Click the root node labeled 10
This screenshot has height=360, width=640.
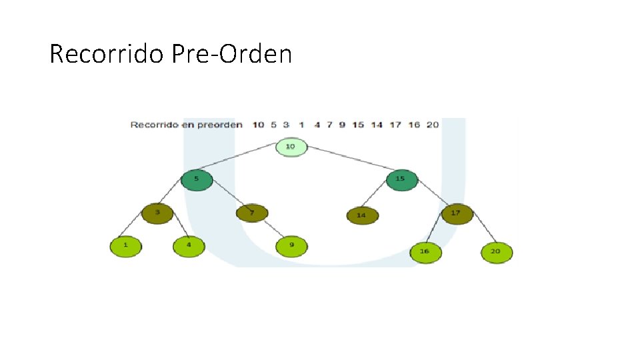[291, 147]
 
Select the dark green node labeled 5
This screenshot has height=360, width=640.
[197, 179]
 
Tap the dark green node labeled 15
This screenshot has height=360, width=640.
[401, 179]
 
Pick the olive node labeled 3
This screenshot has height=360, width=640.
[157, 213]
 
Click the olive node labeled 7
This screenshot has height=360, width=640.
[252, 213]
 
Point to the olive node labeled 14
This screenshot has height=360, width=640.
[362, 216]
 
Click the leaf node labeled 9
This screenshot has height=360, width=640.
[292, 246]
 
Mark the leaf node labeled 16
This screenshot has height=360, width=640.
[425, 252]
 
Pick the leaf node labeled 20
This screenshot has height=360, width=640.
[497, 252]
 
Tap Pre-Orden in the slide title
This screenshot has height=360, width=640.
[231, 54]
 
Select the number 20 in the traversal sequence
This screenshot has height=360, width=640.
[433, 125]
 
